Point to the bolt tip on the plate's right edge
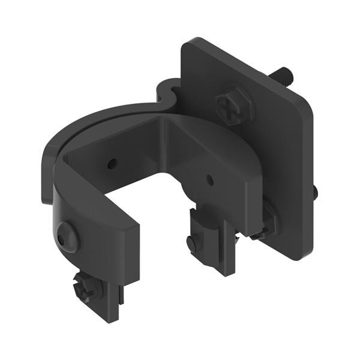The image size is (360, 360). point(315,192)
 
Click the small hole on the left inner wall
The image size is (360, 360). point(112,163)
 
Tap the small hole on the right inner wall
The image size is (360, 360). point(209,178)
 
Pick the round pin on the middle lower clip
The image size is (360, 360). point(191,244)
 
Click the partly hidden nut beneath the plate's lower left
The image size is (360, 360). point(266,225)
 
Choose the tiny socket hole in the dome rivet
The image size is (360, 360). point(63,239)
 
